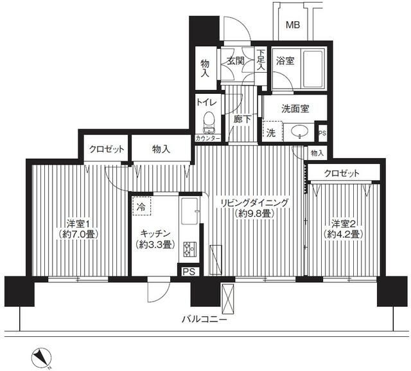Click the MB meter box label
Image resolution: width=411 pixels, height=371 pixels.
tap(293, 25)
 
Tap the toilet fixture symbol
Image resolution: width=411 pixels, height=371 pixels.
tap(209, 122)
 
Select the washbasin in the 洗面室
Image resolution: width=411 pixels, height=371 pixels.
tap(299, 131)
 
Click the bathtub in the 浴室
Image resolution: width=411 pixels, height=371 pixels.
tap(313, 69)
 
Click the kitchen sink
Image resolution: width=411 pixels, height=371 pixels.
tap(189, 211)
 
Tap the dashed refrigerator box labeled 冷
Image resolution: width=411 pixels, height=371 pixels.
tap(141, 206)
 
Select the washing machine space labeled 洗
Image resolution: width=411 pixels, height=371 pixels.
tap(272, 132)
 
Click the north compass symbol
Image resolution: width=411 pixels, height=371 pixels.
tap(41, 357)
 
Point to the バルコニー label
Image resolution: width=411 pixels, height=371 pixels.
tap(204, 320)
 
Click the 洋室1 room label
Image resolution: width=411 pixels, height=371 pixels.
tap(78, 224)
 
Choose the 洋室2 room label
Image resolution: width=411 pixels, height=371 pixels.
tap(343, 224)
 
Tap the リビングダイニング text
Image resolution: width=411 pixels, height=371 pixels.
tap(254, 203)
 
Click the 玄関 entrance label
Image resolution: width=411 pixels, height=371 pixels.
tap(236, 61)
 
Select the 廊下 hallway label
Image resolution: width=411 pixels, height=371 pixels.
tap(242, 120)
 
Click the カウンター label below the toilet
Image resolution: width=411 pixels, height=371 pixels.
tap(208, 138)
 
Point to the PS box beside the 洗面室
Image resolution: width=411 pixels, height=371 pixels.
tap(322, 133)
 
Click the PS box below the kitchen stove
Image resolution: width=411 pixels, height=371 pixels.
tap(189, 271)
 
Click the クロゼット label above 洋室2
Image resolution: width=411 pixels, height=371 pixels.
tap(342, 173)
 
